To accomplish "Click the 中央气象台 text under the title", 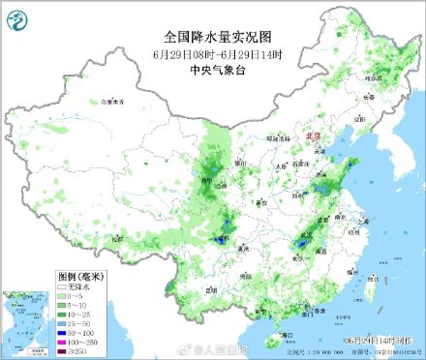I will click(x=214, y=69).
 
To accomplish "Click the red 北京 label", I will click(x=312, y=137).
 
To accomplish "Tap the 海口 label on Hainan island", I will click(x=286, y=334).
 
